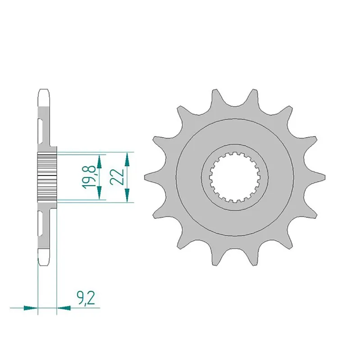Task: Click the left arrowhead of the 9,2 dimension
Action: click(30, 308)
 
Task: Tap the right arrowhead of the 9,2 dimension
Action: click(64, 308)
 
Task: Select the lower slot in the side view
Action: click(41, 224)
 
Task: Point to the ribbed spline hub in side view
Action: click(47, 177)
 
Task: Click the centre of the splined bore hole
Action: click(234, 177)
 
